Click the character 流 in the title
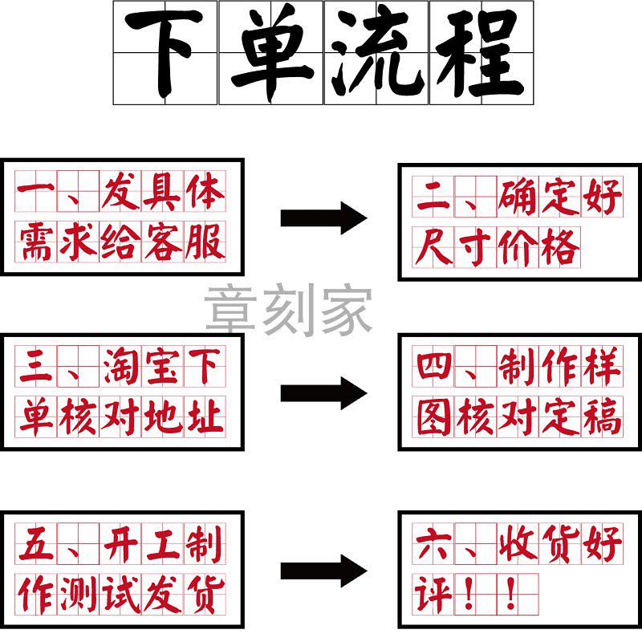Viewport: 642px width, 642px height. pyautogui.click(x=376, y=53)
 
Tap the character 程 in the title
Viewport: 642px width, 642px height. pyautogui.click(x=481, y=53)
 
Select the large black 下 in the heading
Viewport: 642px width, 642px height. pyautogui.click(x=165, y=53)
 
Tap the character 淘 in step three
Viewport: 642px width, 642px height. pyautogui.click(x=120, y=368)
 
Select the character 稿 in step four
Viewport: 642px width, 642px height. pyautogui.click(x=602, y=417)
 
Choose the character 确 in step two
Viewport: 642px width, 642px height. pyautogui.click(x=518, y=197)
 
